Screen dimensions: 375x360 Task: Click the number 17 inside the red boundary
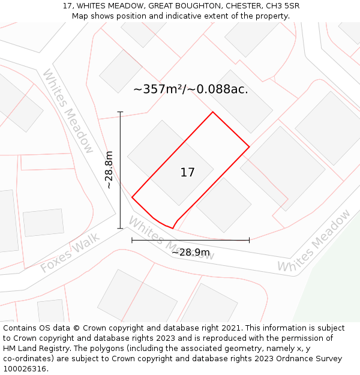point(187,173)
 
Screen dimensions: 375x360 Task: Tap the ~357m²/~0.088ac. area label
point(190,89)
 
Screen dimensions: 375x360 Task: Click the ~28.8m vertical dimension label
point(109,170)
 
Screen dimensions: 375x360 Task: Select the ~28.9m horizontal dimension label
point(190,253)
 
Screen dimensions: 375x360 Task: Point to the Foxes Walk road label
point(70,254)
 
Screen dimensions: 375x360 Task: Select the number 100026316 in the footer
point(23,369)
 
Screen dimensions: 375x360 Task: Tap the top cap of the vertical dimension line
point(120,112)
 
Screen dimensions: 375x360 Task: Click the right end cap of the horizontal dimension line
point(249,240)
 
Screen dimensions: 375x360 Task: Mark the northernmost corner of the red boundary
point(212,112)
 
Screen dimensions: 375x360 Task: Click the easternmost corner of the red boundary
point(249,146)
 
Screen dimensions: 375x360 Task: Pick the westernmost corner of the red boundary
point(132,197)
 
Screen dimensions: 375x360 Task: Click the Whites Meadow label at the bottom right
point(314,241)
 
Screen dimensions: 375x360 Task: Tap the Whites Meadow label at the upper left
point(68,111)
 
